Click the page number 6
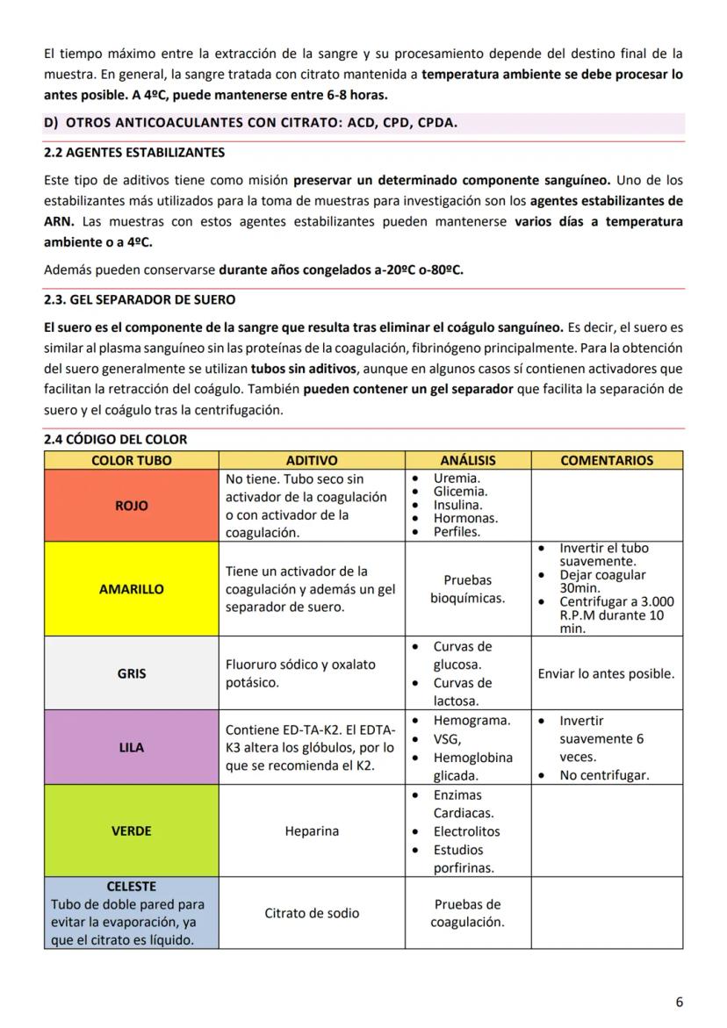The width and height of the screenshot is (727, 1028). [x=679, y=1002]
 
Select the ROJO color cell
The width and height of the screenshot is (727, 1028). [x=131, y=506]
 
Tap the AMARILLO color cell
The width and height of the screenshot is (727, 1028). [x=131, y=589]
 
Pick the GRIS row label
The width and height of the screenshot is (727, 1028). [x=131, y=674]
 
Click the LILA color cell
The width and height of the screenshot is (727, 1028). [x=131, y=748]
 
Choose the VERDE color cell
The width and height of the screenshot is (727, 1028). [x=131, y=830]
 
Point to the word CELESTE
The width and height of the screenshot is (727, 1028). [x=131, y=887]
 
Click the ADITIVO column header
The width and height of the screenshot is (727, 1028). [x=312, y=460]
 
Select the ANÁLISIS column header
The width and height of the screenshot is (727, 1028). [x=467, y=460]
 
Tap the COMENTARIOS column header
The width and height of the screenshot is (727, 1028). [x=607, y=460]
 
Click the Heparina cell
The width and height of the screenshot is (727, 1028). [x=312, y=831]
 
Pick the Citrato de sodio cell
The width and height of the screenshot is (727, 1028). [x=312, y=913]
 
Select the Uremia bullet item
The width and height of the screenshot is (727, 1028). [x=457, y=478]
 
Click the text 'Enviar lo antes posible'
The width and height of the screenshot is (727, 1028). [x=607, y=674]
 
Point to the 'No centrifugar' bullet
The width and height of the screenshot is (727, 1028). [x=604, y=775]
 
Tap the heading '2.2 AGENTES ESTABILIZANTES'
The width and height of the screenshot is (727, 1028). [x=134, y=153]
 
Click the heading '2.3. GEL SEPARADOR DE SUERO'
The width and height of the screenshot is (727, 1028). [x=140, y=300]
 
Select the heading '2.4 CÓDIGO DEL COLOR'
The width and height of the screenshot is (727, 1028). [x=115, y=440]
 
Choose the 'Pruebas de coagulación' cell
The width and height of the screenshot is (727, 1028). [x=467, y=913]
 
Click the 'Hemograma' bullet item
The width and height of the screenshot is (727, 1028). [x=471, y=721]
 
